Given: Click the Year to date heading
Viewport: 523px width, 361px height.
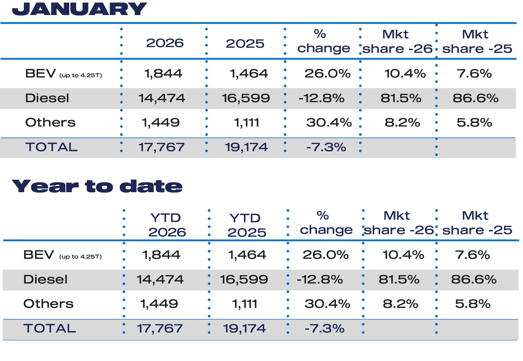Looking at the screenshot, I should tap(97, 186).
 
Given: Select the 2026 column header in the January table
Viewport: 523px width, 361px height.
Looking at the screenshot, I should tap(165, 43).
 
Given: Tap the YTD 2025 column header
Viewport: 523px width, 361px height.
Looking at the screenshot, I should tap(246, 225).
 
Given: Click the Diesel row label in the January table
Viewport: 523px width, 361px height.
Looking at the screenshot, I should tap(47, 98).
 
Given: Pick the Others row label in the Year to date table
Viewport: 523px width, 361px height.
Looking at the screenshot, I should tap(48, 304).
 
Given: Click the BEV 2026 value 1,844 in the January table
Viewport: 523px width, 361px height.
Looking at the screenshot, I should tap(163, 74).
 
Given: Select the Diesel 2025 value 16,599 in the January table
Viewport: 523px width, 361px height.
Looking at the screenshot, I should tap(246, 98).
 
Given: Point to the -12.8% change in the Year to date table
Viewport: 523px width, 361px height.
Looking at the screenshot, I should tap(320, 279).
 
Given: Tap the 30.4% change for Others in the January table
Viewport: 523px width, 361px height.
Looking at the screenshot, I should tap(329, 122).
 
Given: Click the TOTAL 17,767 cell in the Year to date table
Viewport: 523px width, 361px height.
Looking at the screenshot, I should tap(160, 328).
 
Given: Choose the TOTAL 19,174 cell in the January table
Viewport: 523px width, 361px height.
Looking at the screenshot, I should tap(246, 147).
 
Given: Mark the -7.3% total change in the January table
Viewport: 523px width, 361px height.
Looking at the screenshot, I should tap(326, 147).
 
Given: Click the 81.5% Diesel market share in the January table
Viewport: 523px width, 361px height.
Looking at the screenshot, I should tap(401, 98).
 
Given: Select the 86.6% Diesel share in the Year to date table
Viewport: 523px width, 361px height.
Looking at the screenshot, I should tap(474, 279).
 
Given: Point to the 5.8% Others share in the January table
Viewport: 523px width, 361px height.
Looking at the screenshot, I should tap(474, 122).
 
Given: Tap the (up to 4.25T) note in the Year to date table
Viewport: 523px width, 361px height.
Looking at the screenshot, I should tap(80, 257).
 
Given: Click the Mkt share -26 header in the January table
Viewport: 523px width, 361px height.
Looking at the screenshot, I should tap(397, 42).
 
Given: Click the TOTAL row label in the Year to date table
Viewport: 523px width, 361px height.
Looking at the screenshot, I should tap(50, 328).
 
